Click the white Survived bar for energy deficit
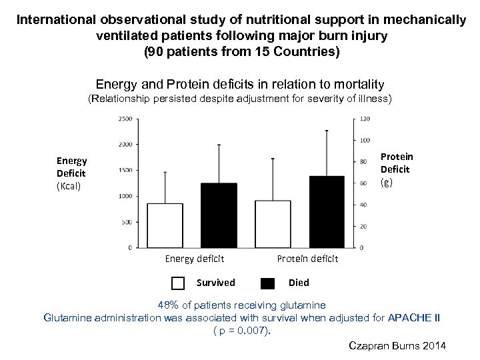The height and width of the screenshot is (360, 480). (x=165, y=225)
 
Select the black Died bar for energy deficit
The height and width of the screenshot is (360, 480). (x=219, y=215)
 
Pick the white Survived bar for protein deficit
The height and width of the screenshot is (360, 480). (x=273, y=223)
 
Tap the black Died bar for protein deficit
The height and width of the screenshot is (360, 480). (x=327, y=211)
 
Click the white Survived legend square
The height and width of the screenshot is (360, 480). (x=178, y=283)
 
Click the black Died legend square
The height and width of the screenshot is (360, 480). (x=268, y=283)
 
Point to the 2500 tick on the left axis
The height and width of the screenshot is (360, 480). (x=124, y=119)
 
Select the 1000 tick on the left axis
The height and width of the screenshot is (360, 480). (x=124, y=196)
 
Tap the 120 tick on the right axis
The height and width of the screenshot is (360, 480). (x=365, y=119)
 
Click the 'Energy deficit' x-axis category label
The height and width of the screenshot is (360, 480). (x=195, y=259)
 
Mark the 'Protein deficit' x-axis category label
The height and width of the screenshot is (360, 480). (x=307, y=259)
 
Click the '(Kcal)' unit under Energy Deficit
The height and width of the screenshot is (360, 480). (x=69, y=186)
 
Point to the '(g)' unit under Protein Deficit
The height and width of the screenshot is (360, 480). (x=387, y=181)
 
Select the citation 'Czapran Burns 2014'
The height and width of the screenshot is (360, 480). (x=397, y=345)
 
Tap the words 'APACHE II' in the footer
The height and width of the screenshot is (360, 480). (x=413, y=317)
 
